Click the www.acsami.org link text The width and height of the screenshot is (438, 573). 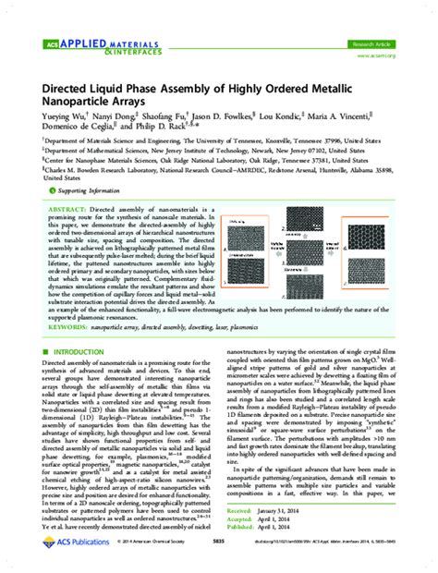pyautogui.click(x=379, y=55)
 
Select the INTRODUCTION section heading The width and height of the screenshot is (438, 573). pyautogui.click(x=84, y=379)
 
